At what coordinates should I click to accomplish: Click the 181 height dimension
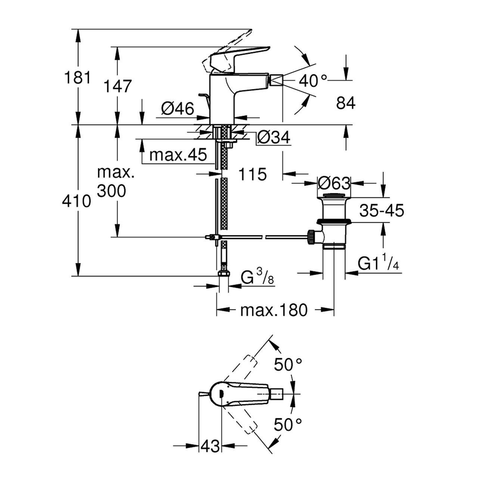[77, 78]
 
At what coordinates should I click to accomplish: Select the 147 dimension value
[117, 86]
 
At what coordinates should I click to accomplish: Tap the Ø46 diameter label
[177, 109]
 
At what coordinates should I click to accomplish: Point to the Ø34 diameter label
[273, 138]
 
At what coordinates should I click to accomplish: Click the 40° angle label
[313, 80]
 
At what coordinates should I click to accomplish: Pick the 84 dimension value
[345, 103]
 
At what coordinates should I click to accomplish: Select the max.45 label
[178, 155]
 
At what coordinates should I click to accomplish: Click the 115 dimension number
[253, 174]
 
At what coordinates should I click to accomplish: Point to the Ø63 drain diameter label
[334, 183]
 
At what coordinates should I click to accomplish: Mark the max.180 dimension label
[274, 310]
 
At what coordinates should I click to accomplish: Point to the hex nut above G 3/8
[223, 273]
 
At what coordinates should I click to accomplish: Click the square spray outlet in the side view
[277, 80]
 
